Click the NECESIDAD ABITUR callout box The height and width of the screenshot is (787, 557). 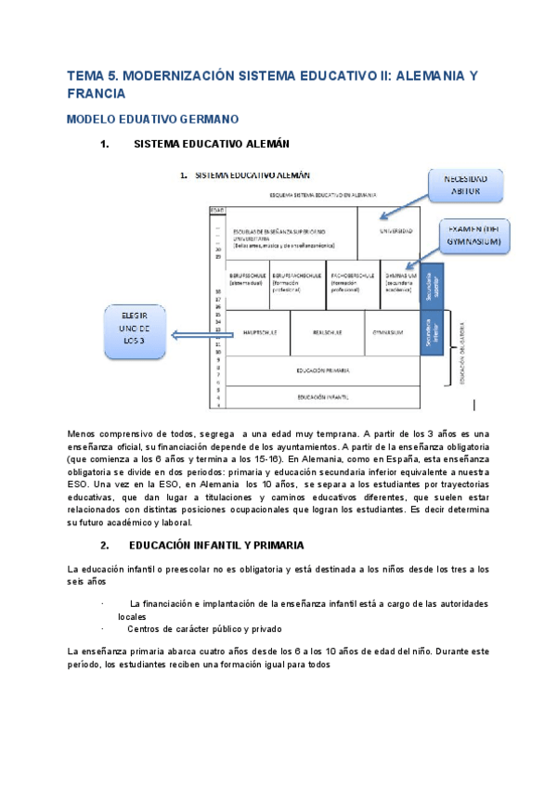point(466,185)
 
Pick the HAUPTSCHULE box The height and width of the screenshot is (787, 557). point(258,332)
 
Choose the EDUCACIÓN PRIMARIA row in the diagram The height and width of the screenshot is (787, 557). point(322,370)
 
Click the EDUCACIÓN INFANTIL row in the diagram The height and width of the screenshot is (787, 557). point(322,397)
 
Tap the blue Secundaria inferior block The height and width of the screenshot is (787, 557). point(430,332)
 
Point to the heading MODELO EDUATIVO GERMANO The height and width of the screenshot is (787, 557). point(154,119)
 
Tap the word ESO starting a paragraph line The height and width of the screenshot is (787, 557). point(80,484)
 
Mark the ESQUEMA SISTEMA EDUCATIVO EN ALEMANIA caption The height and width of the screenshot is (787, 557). point(322,196)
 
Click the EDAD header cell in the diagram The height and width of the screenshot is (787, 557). point(218,210)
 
